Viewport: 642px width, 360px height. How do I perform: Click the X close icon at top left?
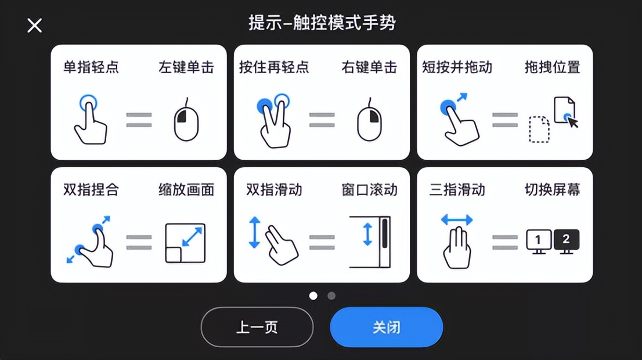35,26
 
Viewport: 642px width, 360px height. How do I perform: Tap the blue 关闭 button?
386,327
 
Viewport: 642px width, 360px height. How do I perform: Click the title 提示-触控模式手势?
322,23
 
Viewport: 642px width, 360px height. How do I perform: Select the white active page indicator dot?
313,296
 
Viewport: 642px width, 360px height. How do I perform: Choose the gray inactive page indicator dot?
331,296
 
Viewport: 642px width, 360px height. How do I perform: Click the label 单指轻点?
91,67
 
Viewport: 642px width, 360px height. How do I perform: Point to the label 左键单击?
186,67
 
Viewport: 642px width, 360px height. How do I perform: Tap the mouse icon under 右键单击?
369,121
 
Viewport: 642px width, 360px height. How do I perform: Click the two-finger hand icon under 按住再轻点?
273,121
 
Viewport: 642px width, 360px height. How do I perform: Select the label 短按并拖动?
457,67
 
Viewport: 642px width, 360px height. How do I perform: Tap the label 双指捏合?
91,190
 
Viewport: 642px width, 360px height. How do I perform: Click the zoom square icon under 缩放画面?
185,243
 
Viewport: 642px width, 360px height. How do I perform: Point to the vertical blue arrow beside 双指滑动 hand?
254,232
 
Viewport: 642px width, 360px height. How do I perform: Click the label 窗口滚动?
369,190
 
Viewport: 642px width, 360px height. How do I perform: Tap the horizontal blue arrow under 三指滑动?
457,220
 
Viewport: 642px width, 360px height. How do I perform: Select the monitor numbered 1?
538,240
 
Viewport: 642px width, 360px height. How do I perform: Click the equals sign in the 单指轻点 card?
139,120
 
